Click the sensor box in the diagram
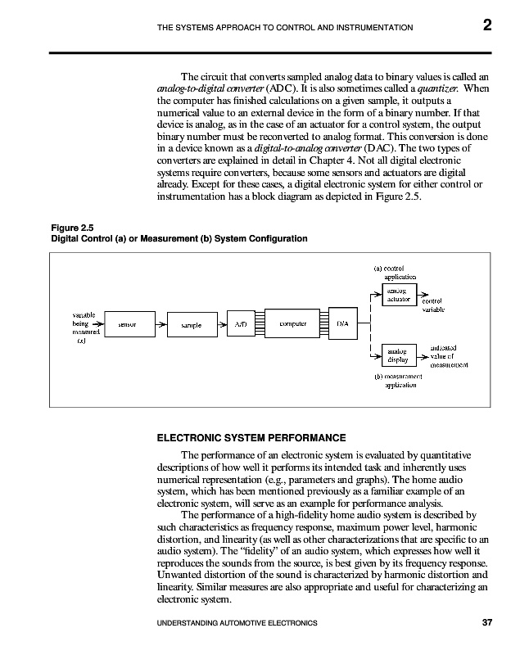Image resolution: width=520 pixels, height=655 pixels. [x=127, y=325]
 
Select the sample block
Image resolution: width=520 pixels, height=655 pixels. [x=190, y=325]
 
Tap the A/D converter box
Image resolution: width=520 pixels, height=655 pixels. [x=242, y=325]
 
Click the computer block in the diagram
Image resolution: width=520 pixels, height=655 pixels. [x=293, y=325]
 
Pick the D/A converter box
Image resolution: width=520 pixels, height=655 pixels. [x=343, y=325]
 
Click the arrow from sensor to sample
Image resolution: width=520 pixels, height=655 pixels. [x=158, y=325]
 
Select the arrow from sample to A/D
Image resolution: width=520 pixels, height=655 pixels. [x=220, y=325]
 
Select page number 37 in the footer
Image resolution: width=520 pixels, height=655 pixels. [x=487, y=623]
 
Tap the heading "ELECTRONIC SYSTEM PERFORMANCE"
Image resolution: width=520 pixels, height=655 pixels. [x=251, y=437]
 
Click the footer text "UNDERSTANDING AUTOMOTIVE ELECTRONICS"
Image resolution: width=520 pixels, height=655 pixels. [x=237, y=624]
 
